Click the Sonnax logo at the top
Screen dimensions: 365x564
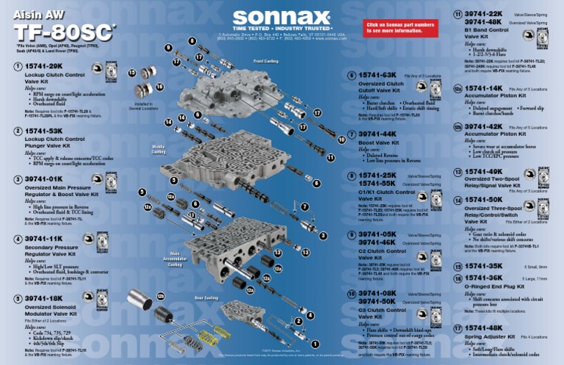(281, 18)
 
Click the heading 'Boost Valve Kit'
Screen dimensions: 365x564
(378, 143)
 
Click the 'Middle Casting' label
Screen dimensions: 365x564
(159, 149)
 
